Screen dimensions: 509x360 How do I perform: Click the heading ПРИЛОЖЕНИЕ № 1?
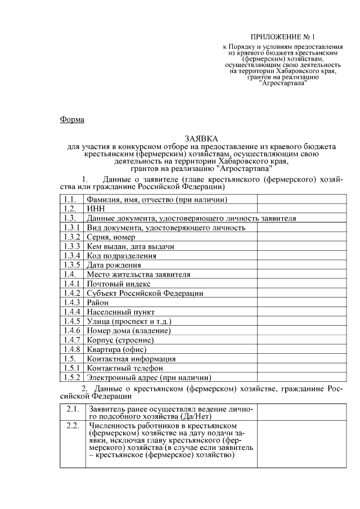point(276,35)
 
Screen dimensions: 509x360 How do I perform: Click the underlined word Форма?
point(71,119)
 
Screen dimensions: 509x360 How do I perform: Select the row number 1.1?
point(70,199)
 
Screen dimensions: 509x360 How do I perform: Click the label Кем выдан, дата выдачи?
point(130,247)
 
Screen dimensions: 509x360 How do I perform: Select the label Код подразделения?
point(121,256)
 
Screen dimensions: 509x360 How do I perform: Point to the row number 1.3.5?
point(71,265)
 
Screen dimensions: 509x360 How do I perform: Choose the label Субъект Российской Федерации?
point(145,293)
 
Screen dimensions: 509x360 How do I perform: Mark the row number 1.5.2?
point(71,377)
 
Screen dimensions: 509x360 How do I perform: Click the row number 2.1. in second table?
point(71,409)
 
